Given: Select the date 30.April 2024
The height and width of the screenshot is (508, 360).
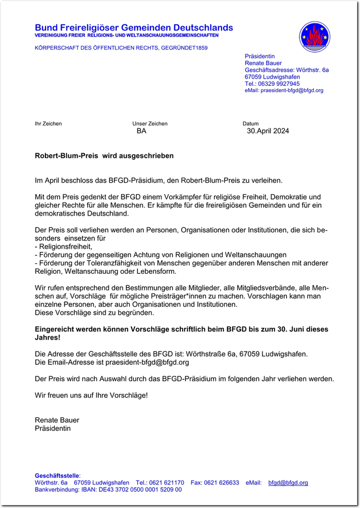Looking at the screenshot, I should tap(268, 131).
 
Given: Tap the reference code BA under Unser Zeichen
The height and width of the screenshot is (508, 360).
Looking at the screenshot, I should tap(141, 131).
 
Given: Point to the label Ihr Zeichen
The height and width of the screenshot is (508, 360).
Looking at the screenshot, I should tap(48, 123).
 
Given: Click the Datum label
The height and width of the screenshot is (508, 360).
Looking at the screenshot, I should tap(251, 123).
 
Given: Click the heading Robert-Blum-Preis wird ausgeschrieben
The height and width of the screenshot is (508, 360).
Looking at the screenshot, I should tap(104, 156).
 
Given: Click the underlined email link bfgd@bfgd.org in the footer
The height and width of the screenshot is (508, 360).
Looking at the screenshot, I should tap(288, 482).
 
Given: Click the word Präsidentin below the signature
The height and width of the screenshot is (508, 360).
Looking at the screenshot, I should tap(53, 428).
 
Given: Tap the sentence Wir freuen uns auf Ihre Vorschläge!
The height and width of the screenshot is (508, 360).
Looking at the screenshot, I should tap(91, 395).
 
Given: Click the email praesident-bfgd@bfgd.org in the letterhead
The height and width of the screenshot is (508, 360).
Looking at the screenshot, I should tap(292, 90).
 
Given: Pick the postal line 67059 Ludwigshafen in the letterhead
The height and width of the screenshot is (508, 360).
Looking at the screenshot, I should tap(272, 77).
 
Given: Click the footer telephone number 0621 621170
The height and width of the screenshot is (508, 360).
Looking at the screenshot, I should tap(167, 482).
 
